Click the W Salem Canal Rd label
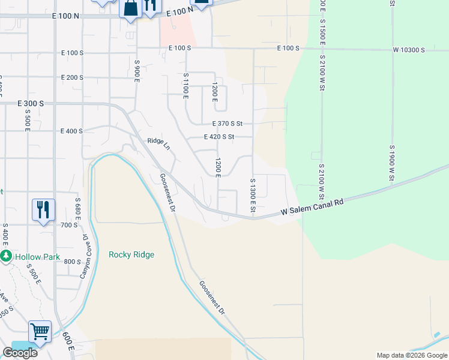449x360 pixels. click(x=313, y=207)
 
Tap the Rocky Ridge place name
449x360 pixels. click(x=131, y=254)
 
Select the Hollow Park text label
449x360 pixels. click(x=38, y=257)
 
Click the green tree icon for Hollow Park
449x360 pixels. click(x=6, y=257)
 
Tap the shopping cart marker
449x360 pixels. click(x=40, y=331)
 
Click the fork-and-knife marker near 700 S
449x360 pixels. click(x=43, y=210)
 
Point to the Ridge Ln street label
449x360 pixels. click(x=159, y=145)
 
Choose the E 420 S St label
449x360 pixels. click(x=218, y=137)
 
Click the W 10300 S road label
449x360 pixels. click(x=409, y=50)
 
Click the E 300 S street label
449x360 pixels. click(x=30, y=104)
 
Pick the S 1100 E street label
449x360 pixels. click(x=186, y=85)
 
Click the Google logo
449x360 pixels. click(x=20, y=353)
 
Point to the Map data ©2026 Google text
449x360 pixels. click(x=411, y=355)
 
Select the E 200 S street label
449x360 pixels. click(x=72, y=77)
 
